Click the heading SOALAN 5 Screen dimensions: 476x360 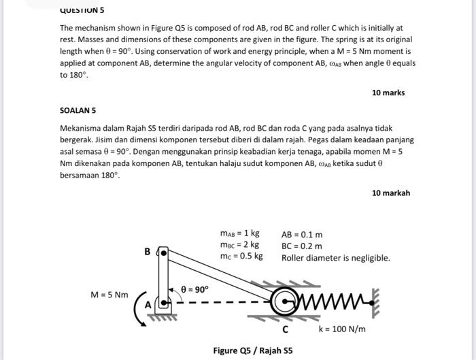click(78, 110)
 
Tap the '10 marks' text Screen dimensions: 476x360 click(388, 93)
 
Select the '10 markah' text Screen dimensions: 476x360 click(390, 193)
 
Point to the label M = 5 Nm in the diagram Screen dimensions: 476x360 click(109, 295)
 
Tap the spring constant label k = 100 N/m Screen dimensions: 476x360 click(342, 329)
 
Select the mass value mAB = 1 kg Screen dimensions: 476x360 click(239, 234)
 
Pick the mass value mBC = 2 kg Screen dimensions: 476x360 click(239, 245)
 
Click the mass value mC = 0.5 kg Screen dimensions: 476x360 click(241, 257)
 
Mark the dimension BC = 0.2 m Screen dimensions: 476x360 click(302, 246)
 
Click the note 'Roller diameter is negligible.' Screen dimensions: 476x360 click(335, 258)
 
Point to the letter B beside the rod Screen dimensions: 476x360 click(148, 252)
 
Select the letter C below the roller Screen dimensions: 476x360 click(286, 330)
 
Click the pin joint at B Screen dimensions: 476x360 click(163, 253)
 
